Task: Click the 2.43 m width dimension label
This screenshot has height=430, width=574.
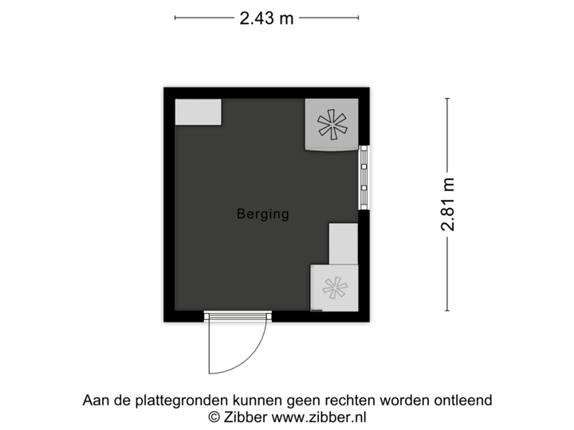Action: point(265,18)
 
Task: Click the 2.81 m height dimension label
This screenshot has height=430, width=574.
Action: point(447,205)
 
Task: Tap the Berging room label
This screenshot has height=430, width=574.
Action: point(262,214)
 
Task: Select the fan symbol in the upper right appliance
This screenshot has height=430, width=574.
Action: point(332,125)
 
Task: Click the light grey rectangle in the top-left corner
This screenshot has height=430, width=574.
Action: point(198,111)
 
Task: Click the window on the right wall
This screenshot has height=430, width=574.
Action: point(364,177)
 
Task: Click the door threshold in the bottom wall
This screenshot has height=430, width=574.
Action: point(238,316)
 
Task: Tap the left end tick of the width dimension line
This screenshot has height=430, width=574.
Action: point(175,18)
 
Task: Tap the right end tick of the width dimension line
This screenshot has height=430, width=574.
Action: point(358,18)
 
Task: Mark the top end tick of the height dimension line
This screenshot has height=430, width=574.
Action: point(447,98)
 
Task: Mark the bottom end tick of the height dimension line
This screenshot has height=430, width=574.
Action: point(447,311)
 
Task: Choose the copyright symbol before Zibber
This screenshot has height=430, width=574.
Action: point(214,416)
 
